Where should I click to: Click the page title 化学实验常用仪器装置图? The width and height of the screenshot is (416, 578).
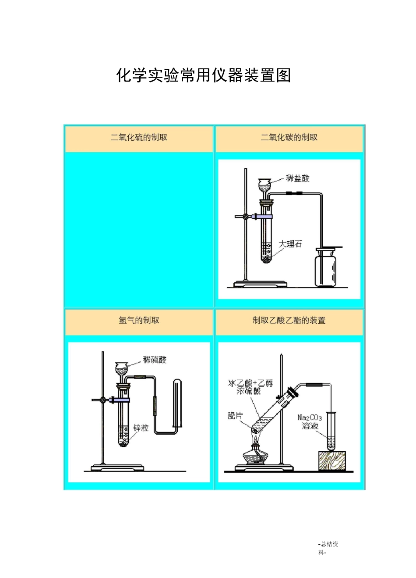tap(204, 75)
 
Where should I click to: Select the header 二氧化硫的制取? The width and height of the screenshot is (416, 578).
tap(139, 137)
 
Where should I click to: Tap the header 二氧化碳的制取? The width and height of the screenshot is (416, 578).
tap(289, 137)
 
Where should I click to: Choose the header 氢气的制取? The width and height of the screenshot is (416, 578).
tap(139, 320)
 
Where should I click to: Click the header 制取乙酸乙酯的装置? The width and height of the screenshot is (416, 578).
tap(289, 320)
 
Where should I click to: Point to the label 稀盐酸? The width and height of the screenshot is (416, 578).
tap(297, 178)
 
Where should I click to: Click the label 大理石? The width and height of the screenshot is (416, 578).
tap(290, 244)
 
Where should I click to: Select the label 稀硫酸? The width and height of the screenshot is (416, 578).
tap(155, 360)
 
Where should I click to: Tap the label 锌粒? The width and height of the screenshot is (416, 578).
tap(141, 428)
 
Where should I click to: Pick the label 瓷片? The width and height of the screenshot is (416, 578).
tap(235, 416)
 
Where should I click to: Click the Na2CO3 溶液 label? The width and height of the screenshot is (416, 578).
tap(310, 421)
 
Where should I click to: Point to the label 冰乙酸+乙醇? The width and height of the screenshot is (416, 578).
tap(250, 383)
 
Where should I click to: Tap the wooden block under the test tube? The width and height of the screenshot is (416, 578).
tap(332, 461)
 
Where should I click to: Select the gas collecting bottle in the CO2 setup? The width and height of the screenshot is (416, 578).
tap(326, 268)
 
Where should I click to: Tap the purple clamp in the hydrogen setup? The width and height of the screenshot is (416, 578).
tap(120, 400)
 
